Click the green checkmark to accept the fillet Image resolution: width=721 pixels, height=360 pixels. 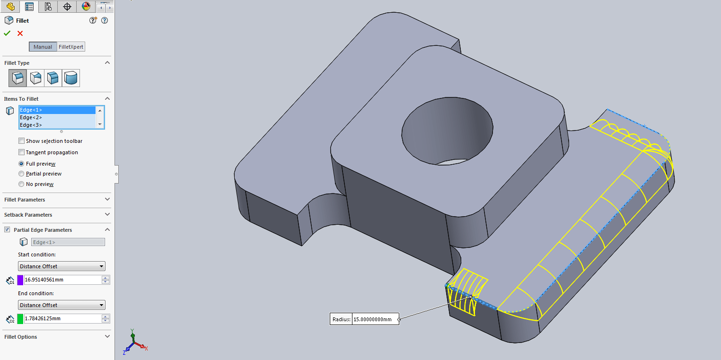[x=7, y=33]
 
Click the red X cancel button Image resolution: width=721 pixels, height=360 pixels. [x=20, y=33]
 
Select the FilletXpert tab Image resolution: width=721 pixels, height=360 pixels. [x=71, y=47]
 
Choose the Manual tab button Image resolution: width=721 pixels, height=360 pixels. [x=43, y=47]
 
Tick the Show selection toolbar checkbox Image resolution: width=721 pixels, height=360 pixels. [x=21, y=141]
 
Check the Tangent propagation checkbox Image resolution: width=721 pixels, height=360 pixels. [x=21, y=152]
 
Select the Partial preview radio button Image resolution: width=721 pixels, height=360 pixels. [x=21, y=174]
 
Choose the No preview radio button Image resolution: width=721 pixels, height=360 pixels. [x=21, y=184]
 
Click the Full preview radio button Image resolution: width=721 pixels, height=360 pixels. [x=21, y=164]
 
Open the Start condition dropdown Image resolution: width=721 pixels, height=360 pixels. [x=62, y=266]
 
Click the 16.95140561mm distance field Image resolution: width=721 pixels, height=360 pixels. [x=62, y=280]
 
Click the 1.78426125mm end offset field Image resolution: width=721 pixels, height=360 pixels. [x=62, y=318]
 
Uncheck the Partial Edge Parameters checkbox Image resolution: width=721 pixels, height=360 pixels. [x=7, y=230]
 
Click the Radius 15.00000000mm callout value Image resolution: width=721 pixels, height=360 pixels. [x=374, y=319]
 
